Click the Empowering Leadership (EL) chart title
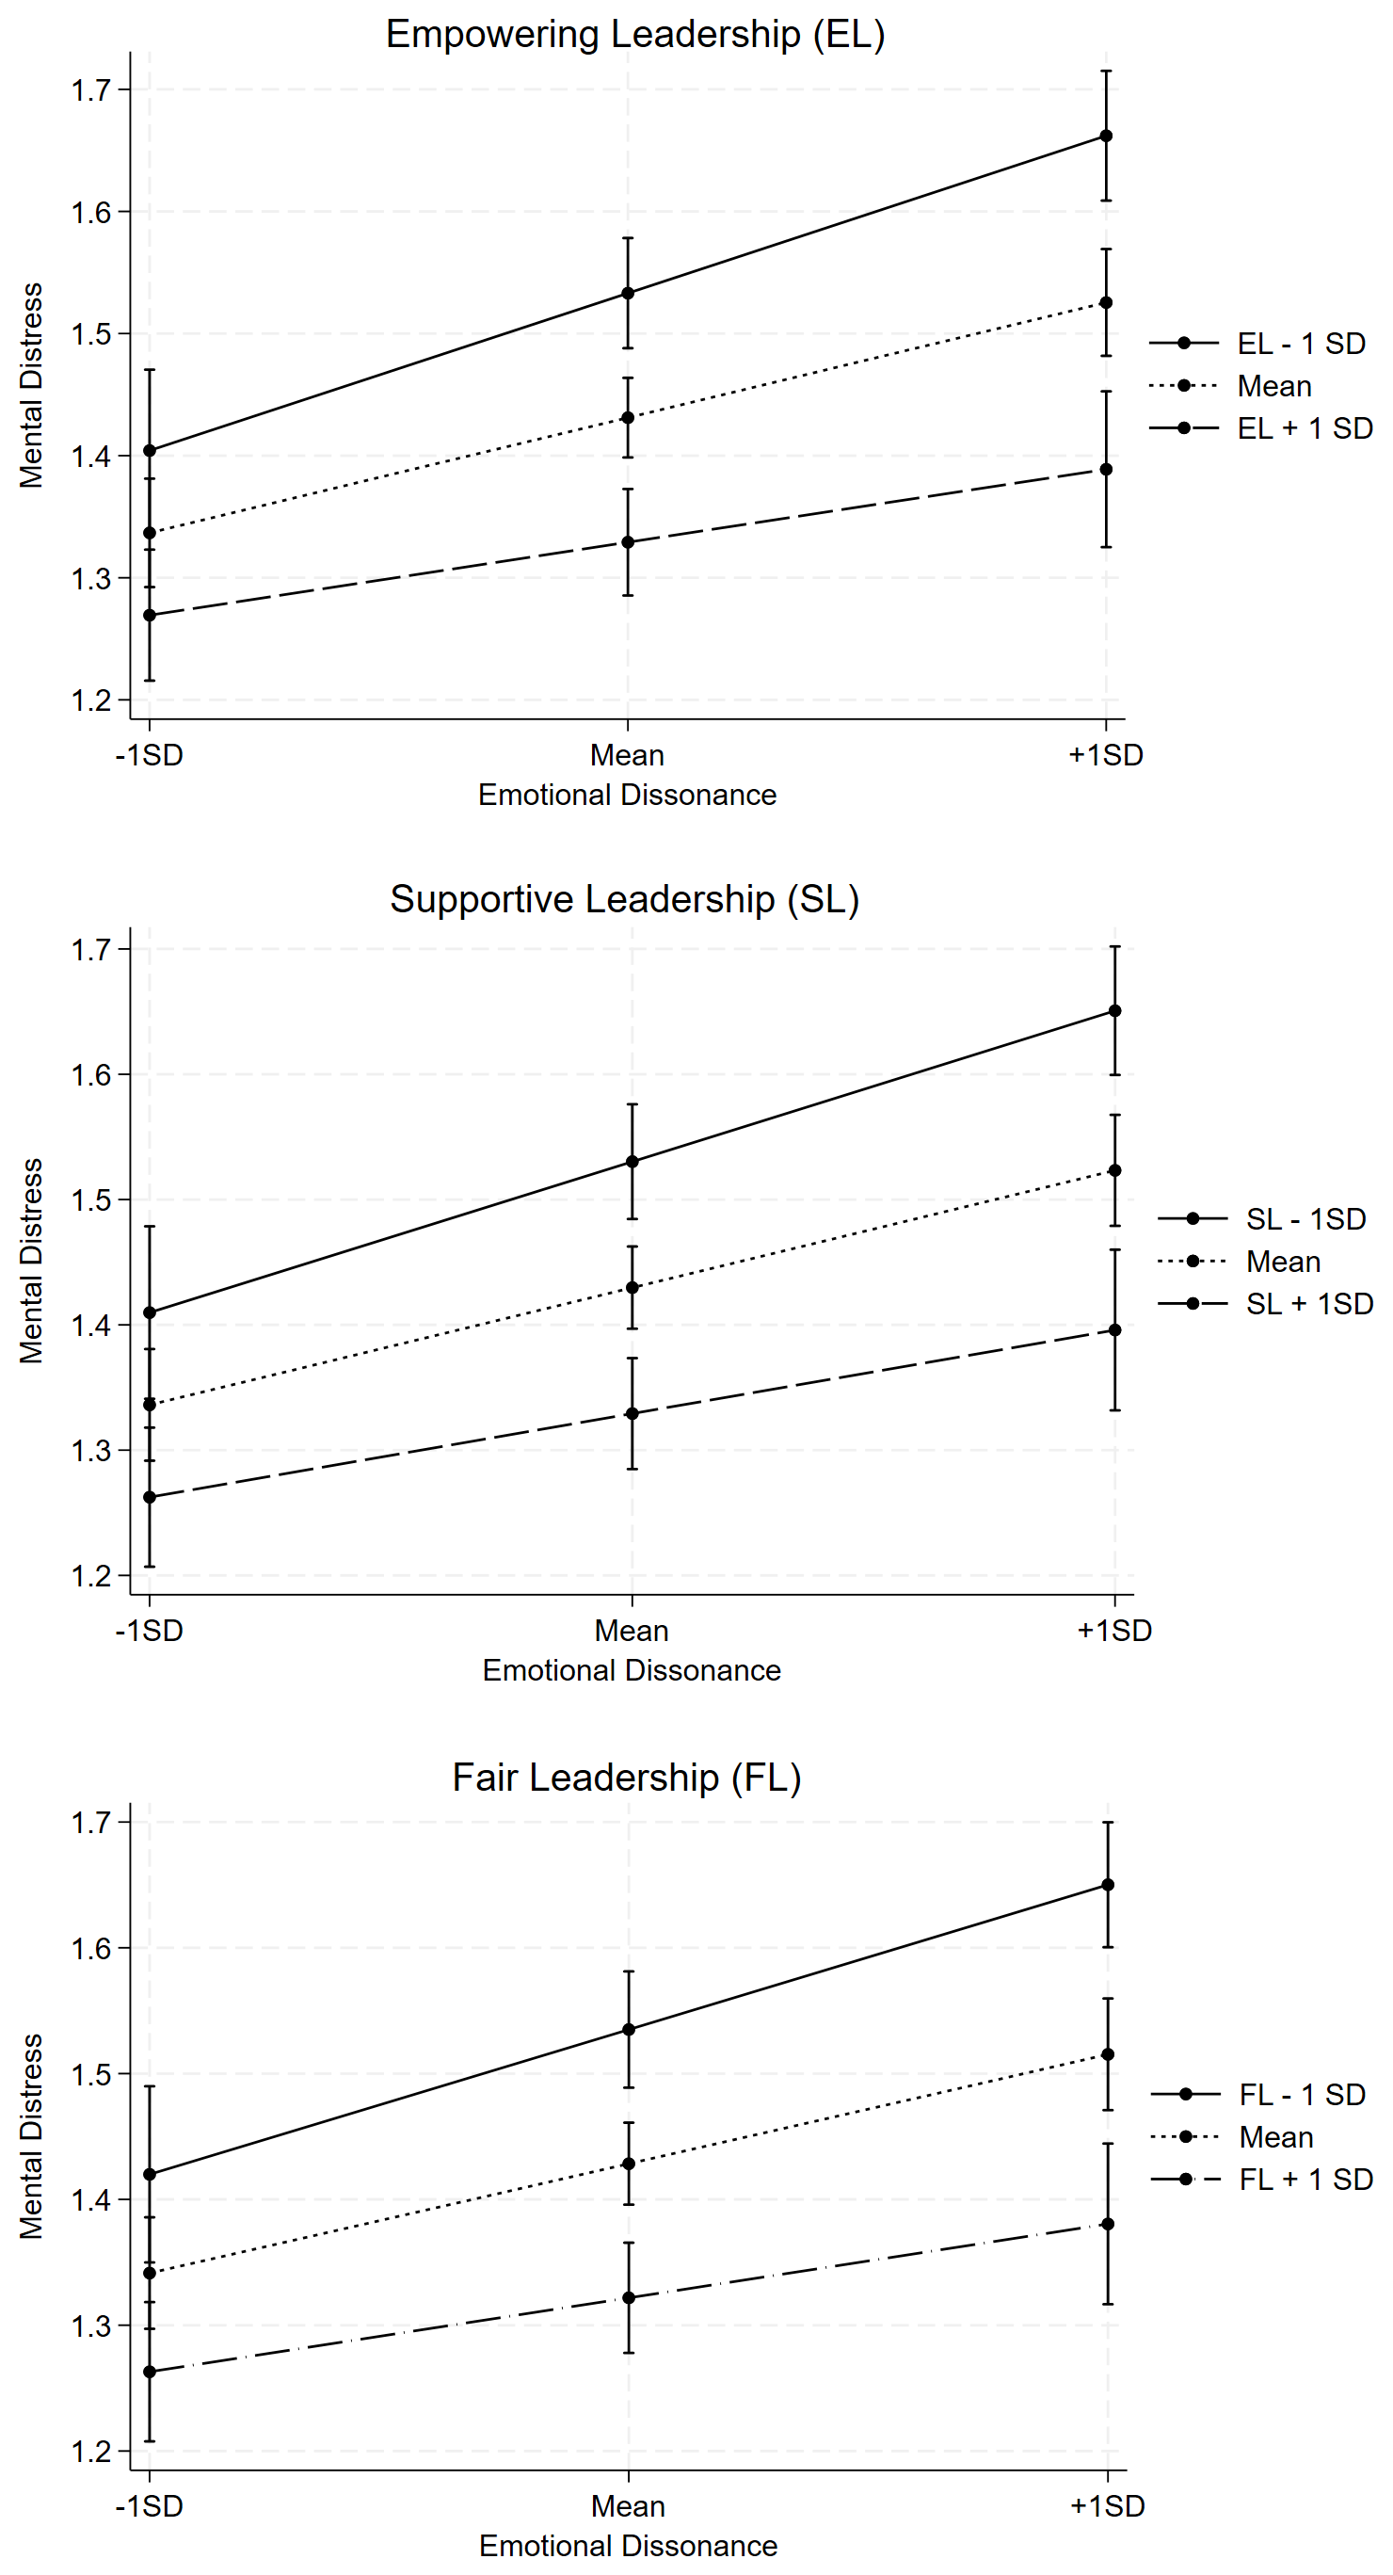pos(635,35)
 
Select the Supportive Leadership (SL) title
pos(625,898)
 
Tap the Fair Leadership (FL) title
pos(627,1778)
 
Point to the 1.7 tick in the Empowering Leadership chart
pos(91,90)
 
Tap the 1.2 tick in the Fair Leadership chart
pos(91,2451)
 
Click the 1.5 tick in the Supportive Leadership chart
pos(91,1199)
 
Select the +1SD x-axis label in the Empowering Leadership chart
pos(1106,755)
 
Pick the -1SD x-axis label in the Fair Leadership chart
pos(149,2506)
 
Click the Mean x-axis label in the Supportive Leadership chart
pos(632,1631)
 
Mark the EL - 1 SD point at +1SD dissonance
pos(1106,136)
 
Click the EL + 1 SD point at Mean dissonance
pos(628,541)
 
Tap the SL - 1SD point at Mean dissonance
pos(632,1162)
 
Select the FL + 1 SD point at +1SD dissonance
pos(1107,2224)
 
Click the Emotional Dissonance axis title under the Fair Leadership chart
pos(628,2545)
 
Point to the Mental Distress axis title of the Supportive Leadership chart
pos(32,1261)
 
